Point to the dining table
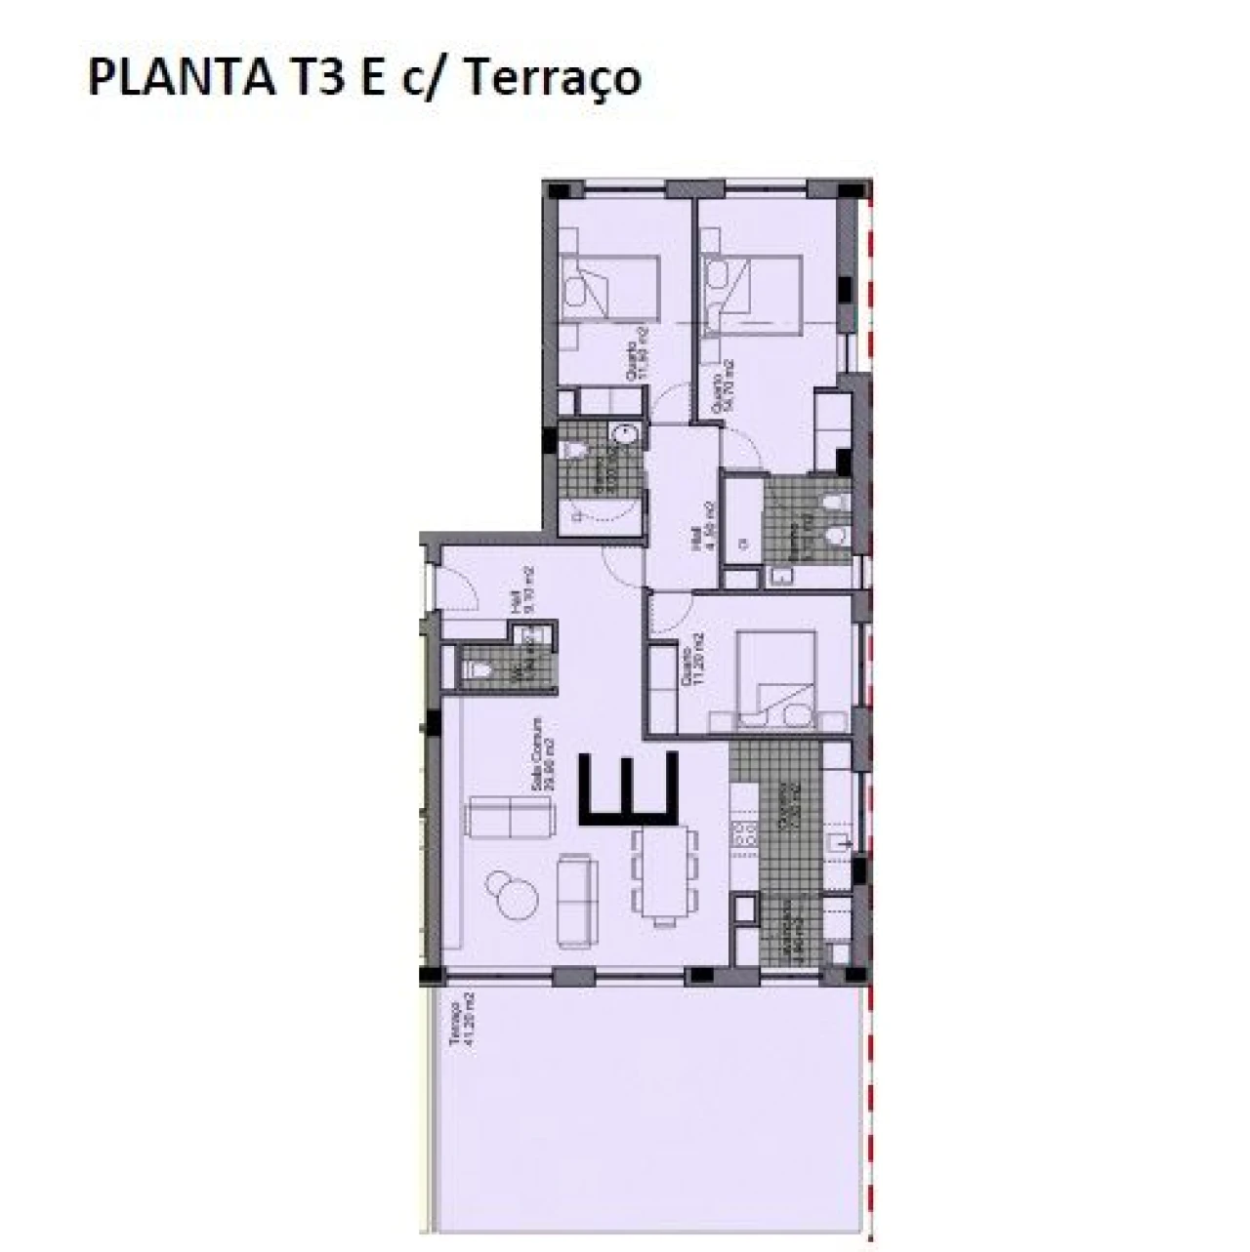(x=666, y=875)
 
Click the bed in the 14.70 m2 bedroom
(x=757, y=290)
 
